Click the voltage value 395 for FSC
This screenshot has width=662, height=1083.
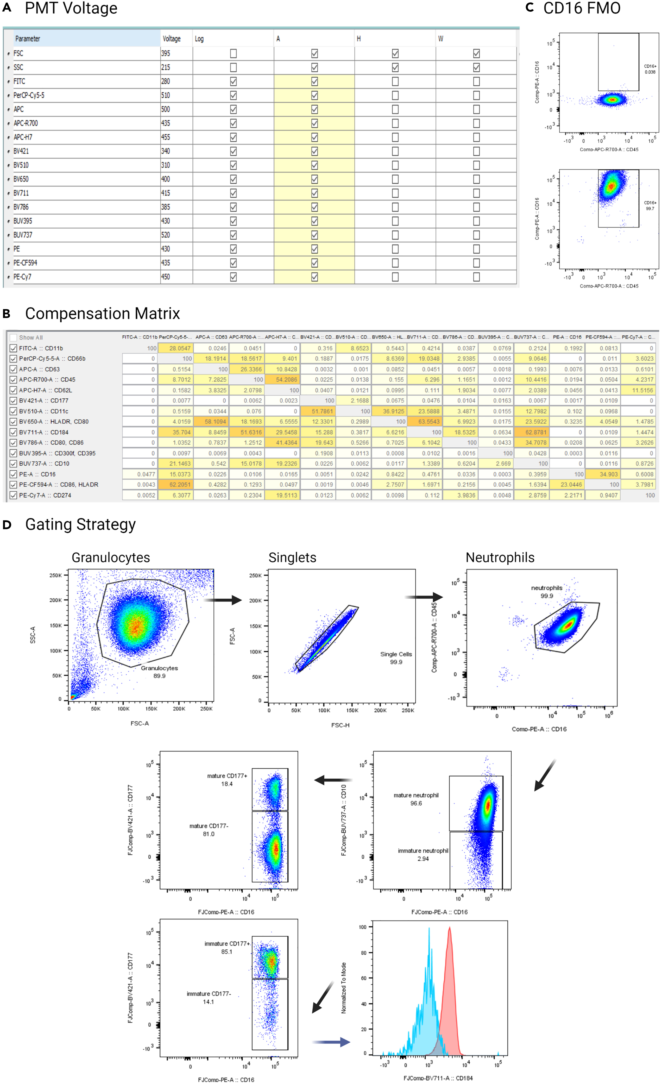click(166, 53)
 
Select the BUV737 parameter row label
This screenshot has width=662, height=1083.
click(23, 235)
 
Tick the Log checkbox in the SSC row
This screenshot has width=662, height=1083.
click(233, 67)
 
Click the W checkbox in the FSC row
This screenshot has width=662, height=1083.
click(476, 53)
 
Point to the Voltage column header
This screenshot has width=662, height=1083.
click(172, 39)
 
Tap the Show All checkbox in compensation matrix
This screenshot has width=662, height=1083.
click(13, 337)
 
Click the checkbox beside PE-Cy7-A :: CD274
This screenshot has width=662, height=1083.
click(13, 495)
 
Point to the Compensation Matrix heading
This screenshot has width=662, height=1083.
click(102, 313)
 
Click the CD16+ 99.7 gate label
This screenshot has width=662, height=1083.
click(650, 206)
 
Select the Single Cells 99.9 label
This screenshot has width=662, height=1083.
click(396, 658)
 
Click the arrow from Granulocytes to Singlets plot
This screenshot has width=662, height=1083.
click(223, 599)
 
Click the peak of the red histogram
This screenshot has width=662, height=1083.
click(449, 928)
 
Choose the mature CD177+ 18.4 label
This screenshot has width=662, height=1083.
click(227, 779)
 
